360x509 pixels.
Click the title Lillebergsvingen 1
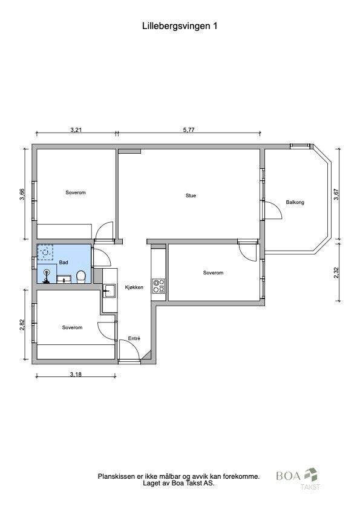[x=180, y=26]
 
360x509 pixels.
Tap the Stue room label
[x=191, y=195]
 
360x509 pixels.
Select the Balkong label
[x=295, y=202]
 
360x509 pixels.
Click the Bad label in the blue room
[x=64, y=263]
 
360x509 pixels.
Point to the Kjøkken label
[x=134, y=287]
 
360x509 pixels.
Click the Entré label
[x=134, y=339]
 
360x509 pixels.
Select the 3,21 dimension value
[x=76, y=130]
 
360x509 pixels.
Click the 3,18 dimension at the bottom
[x=76, y=375]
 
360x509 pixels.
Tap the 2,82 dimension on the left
[x=22, y=325]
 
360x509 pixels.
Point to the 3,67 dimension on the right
[x=336, y=194]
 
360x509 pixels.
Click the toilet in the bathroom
[x=81, y=277]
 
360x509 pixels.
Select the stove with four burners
[x=159, y=286]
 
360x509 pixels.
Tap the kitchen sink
[x=110, y=292]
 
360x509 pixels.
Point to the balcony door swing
[x=273, y=210]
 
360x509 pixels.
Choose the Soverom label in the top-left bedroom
[x=76, y=192]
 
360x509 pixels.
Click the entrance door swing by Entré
[x=128, y=350]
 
